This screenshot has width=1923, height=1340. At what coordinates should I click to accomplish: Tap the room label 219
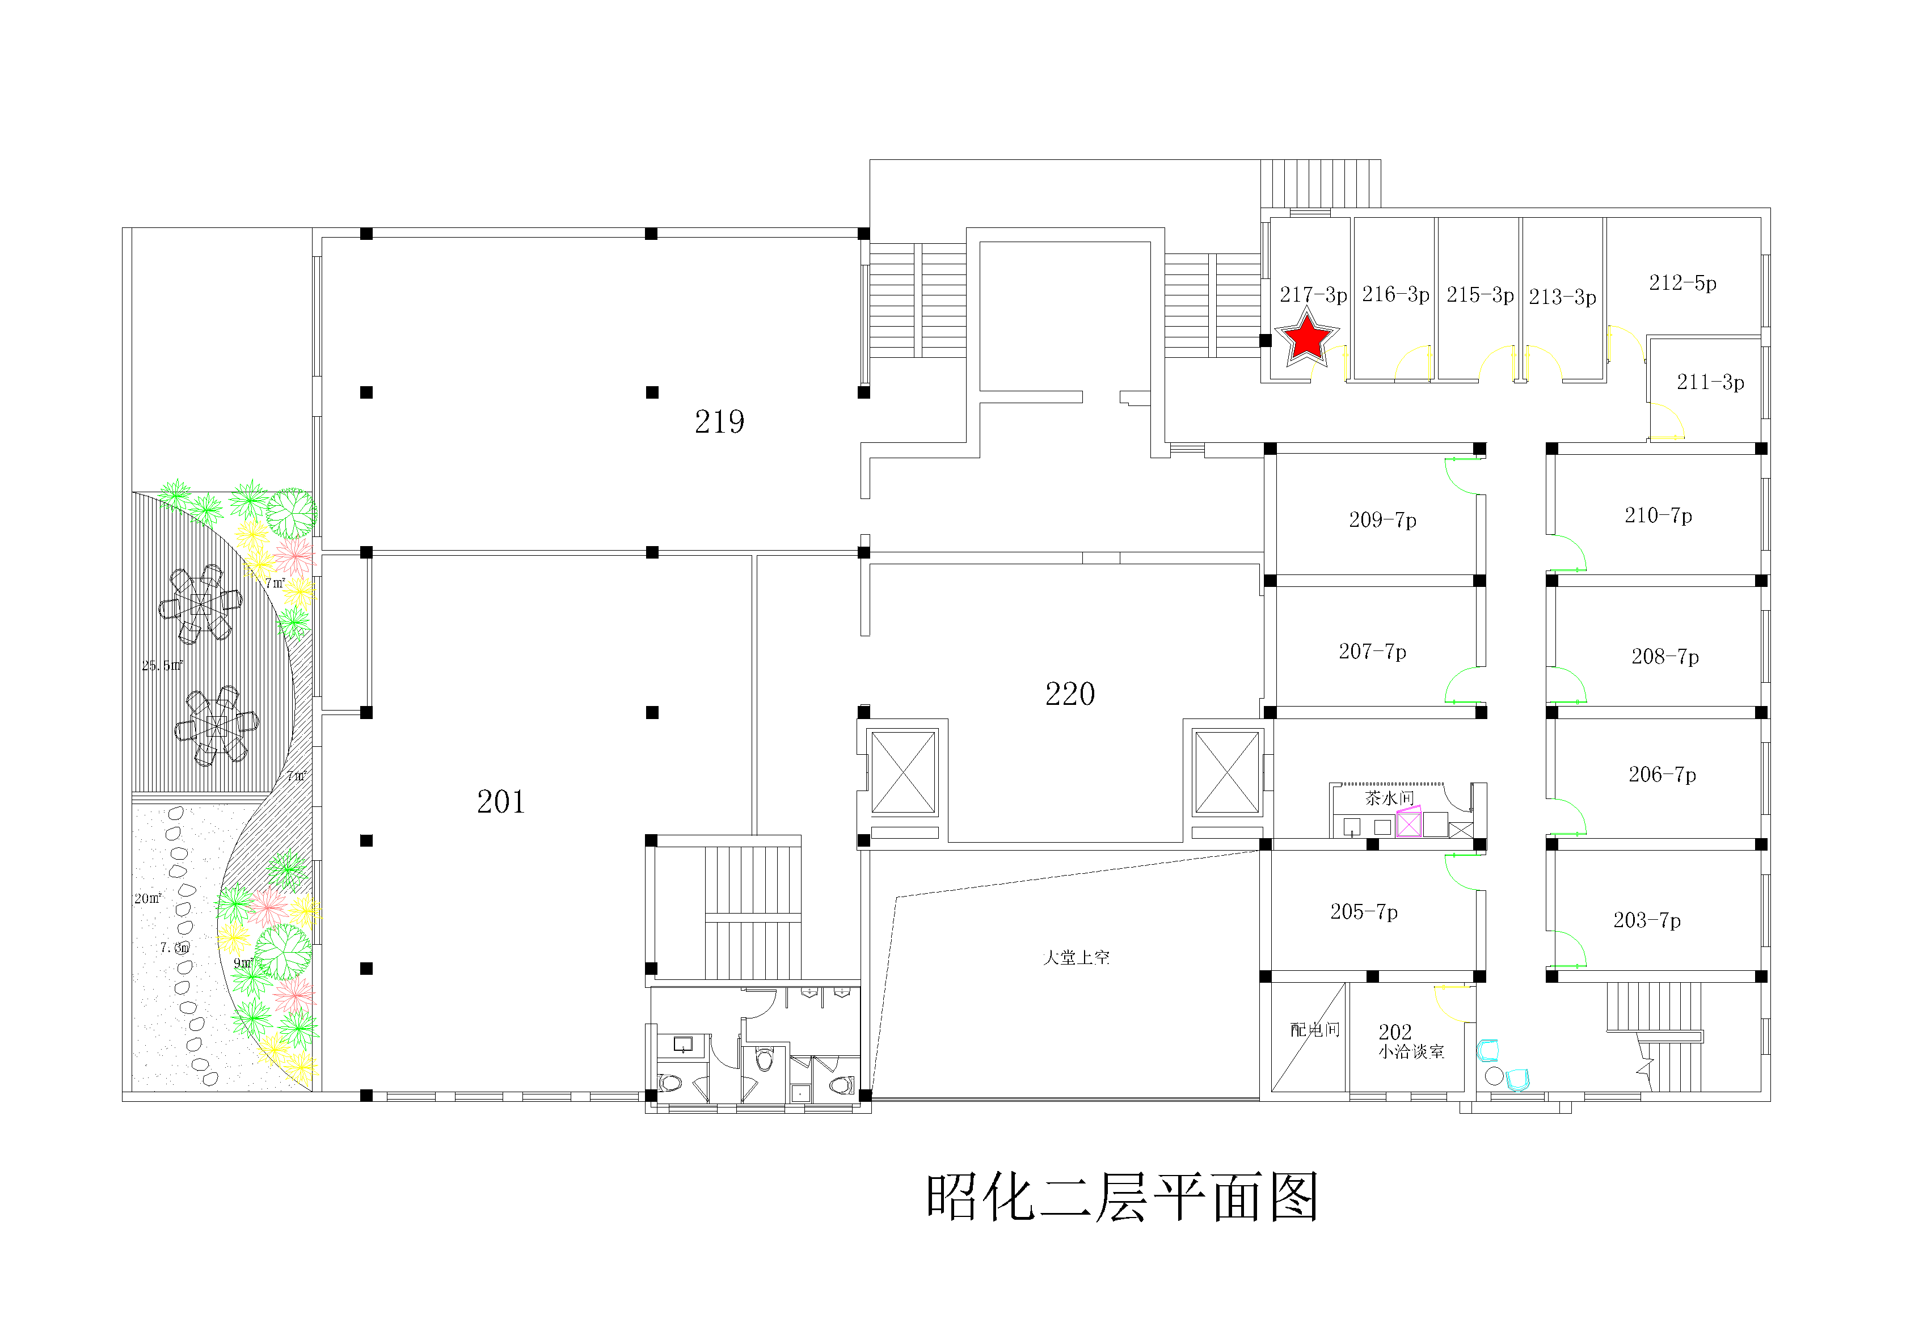pos(719,422)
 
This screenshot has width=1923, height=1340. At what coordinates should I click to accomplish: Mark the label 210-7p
pos(1658,516)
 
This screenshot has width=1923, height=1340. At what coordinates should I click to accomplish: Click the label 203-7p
pos(1647,920)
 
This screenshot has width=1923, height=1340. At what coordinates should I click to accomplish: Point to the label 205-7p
pos(1364,912)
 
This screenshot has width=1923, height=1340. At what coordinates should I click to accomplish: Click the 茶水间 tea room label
pos(1389,798)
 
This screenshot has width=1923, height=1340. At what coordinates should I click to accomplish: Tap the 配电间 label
pos(1314,1029)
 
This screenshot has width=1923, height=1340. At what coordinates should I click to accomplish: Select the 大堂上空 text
pos(1076,957)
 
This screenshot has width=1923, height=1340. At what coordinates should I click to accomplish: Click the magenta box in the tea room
pos(1408,822)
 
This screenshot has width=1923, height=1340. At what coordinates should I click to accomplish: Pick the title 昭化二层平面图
pos(1122,1198)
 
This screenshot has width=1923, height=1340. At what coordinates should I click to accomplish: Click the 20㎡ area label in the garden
pos(147,899)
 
